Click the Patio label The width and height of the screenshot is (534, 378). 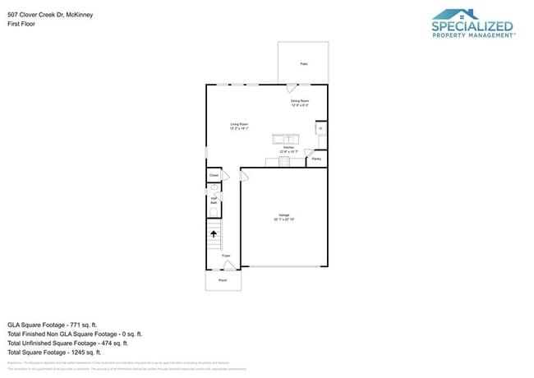(x=303, y=63)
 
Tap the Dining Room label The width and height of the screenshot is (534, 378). (x=300, y=103)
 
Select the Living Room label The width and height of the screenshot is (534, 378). (x=238, y=126)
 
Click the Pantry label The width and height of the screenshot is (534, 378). (x=316, y=159)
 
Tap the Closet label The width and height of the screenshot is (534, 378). (x=214, y=175)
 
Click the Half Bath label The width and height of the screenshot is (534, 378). (x=213, y=200)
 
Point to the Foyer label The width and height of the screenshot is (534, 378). (x=226, y=256)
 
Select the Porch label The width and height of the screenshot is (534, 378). (x=223, y=279)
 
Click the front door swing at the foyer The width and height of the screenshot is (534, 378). (x=229, y=264)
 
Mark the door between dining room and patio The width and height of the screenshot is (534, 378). (x=292, y=88)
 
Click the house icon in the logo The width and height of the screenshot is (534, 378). (x=459, y=15)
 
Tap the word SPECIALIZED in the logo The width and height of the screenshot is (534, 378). (x=472, y=27)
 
